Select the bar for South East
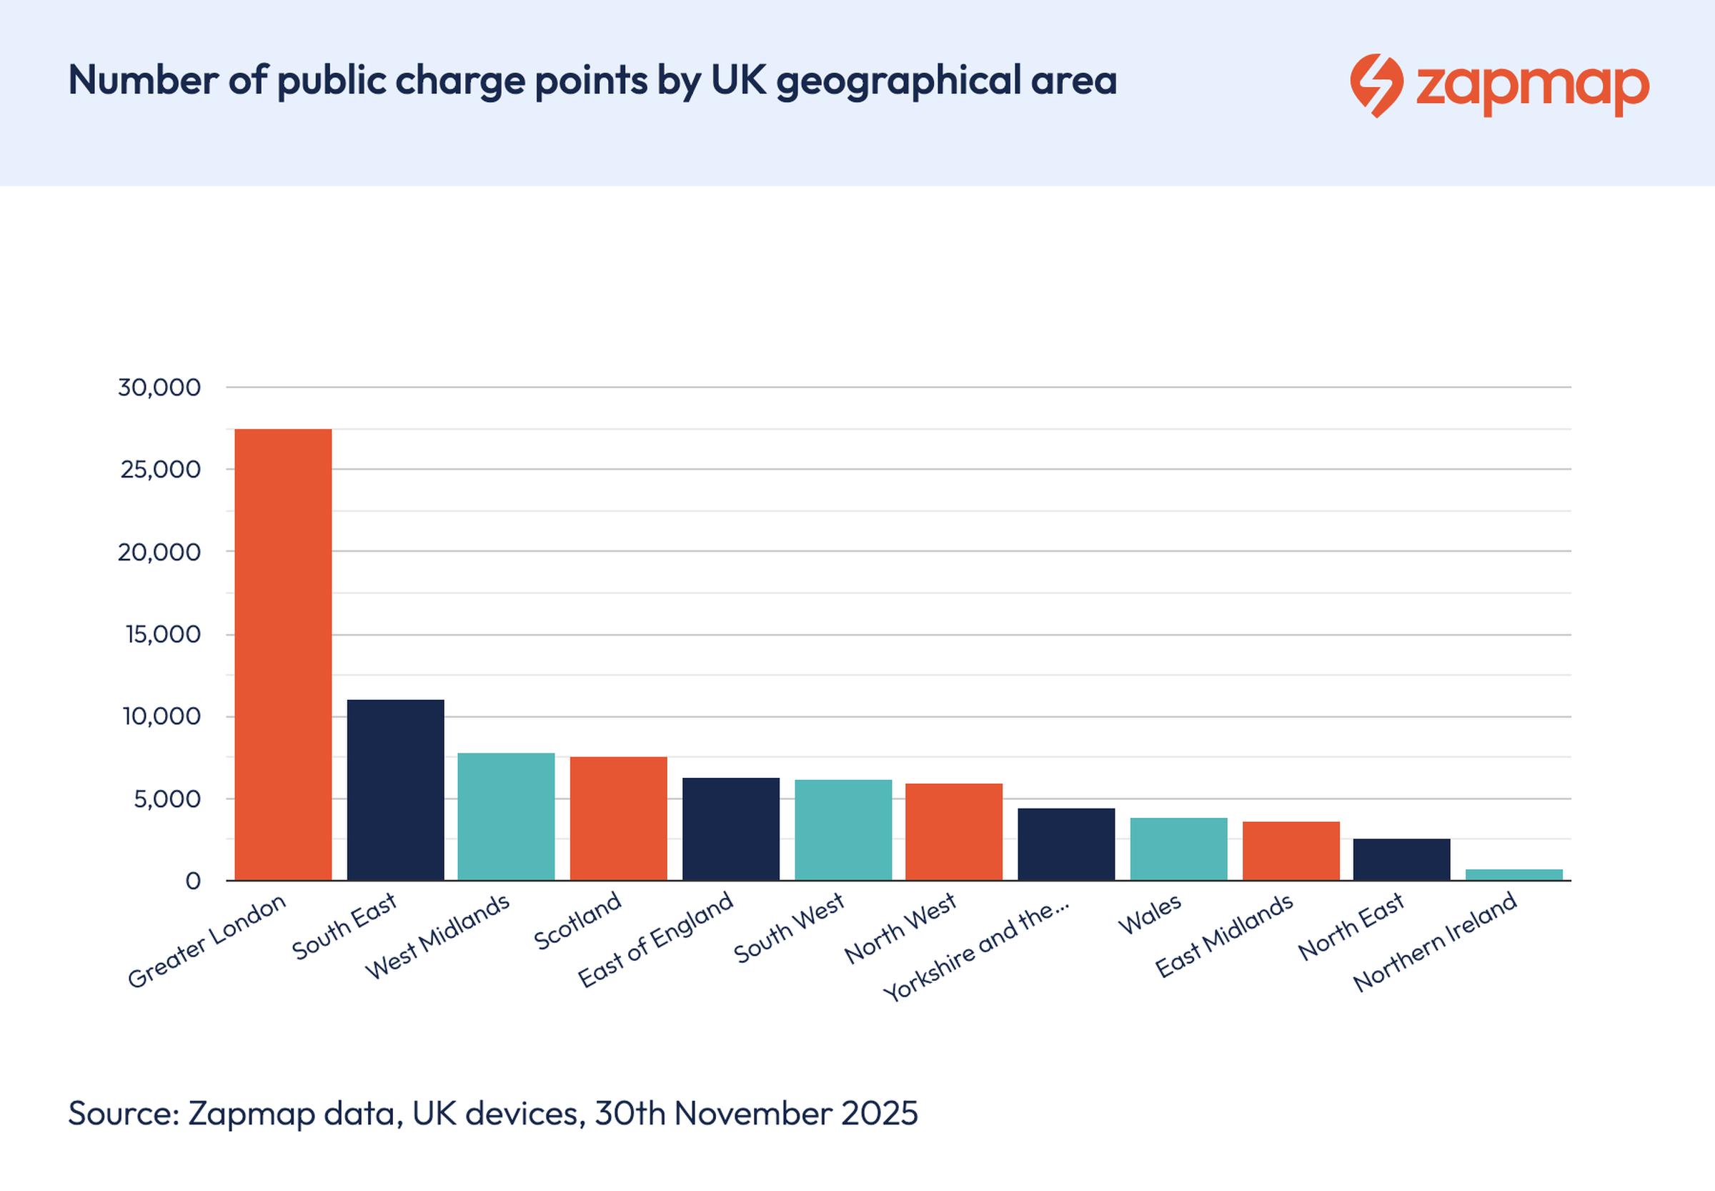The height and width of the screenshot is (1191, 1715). (x=395, y=790)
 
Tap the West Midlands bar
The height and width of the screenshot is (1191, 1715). (x=506, y=817)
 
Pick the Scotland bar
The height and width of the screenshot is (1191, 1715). (x=618, y=819)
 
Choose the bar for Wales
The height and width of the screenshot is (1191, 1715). (x=1178, y=849)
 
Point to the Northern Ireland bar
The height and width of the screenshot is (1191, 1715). (x=1513, y=874)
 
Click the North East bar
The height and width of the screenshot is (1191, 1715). (x=1402, y=860)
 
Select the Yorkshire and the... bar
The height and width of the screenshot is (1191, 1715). (x=1066, y=844)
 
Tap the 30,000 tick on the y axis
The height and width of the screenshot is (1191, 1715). (x=159, y=387)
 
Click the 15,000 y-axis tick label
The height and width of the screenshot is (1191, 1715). (x=163, y=634)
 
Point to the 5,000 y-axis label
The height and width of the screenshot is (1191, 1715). (x=167, y=799)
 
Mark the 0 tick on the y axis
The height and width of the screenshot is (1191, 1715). (x=192, y=881)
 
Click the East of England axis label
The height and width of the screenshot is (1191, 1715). (x=657, y=940)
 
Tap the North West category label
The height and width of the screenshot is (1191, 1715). (x=900, y=929)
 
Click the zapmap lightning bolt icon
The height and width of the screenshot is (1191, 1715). (x=1376, y=85)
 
